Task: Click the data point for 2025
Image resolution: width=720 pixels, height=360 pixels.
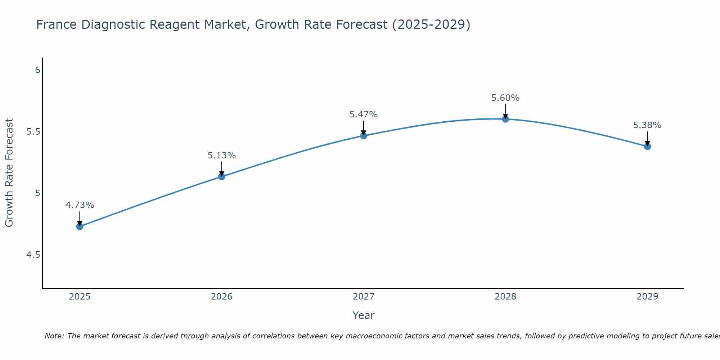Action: tap(80, 226)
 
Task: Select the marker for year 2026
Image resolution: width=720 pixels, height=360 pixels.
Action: tap(222, 176)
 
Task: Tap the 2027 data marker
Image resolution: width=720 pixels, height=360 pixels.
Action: tap(364, 136)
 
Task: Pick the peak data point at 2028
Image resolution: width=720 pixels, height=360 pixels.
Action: tap(505, 119)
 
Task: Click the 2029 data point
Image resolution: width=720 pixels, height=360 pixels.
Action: tap(647, 147)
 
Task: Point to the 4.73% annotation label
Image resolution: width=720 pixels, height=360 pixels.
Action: tap(80, 205)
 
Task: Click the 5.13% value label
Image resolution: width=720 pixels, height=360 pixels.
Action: tap(222, 156)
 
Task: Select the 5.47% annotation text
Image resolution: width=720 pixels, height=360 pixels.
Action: tap(364, 114)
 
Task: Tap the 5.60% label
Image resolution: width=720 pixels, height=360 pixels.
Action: tap(505, 98)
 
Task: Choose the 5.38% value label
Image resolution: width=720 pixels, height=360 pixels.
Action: tap(647, 125)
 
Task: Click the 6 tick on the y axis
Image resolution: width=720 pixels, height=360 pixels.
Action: tap(37, 70)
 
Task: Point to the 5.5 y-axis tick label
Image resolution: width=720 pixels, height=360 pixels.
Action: tap(33, 132)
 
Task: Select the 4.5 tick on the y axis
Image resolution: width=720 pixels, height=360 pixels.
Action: tap(33, 255)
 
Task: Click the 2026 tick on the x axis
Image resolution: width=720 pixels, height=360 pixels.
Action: tap(222, 297)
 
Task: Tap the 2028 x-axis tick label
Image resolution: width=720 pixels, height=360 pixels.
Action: tap(505, 297)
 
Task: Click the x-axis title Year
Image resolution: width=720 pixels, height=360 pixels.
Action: tap(364, 315)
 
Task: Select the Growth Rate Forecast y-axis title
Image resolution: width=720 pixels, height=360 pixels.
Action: tap(9, 173)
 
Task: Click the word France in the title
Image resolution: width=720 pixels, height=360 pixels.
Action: tap(57, 25)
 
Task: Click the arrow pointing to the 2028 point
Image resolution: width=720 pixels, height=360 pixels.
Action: tap(505, 111)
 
